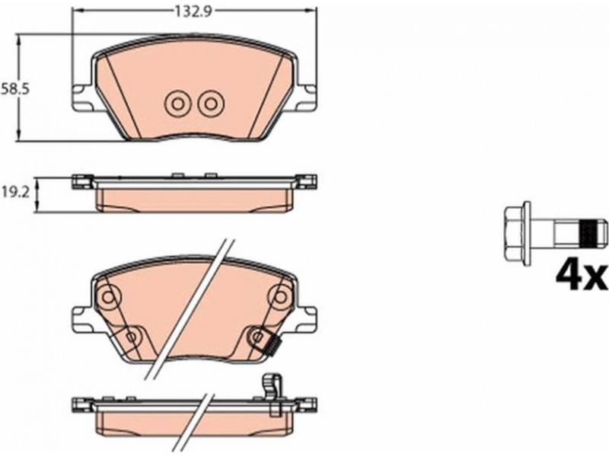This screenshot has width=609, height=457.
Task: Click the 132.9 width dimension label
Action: coord(193,11)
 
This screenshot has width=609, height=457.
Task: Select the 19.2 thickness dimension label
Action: coord(14,193)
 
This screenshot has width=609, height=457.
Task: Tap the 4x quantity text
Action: coord(581,277)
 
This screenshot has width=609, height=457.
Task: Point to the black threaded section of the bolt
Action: coord(587,234)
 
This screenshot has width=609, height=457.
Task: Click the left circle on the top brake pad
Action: coord(177,104)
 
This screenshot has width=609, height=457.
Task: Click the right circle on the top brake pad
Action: coord(211,104)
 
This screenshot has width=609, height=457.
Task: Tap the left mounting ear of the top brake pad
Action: coord(82,97)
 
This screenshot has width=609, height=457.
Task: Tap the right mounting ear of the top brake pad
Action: coord(307,97)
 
